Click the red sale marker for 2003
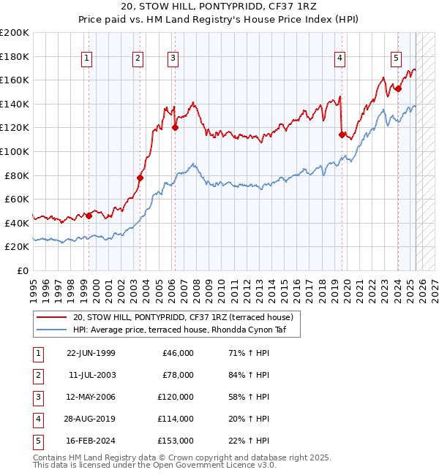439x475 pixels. pos(140,178)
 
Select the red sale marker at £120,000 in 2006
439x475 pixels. pos(175,127)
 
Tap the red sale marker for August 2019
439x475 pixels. pos(342,134)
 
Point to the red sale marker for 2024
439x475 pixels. pos(398,88)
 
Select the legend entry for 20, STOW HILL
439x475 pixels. pos(183,317)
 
